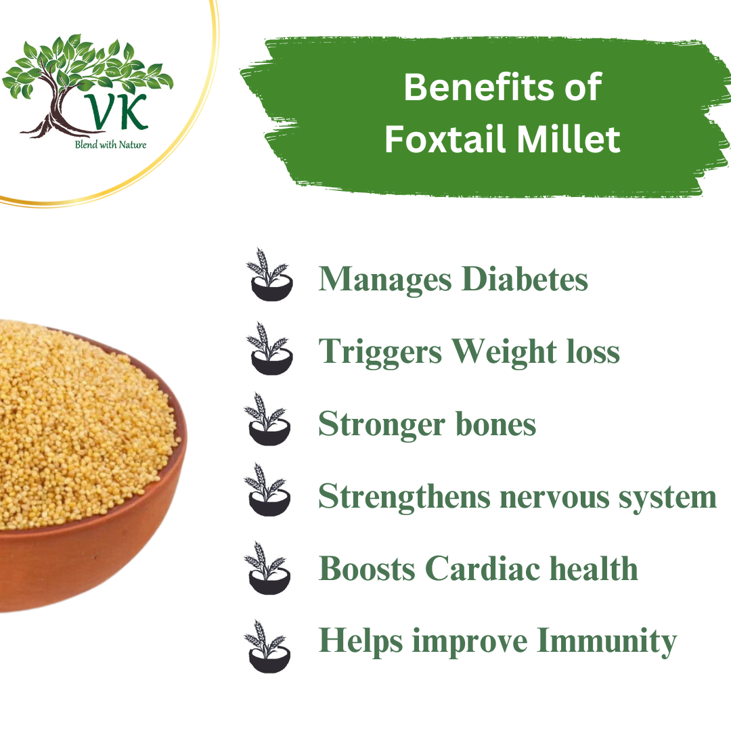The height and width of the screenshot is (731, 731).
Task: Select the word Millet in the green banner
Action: point(579,139)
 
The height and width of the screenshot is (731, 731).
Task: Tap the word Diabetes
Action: point(525,279)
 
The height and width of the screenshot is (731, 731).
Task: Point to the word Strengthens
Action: point(403,496)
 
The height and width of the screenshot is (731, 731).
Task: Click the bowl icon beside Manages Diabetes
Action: point(270,274)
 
